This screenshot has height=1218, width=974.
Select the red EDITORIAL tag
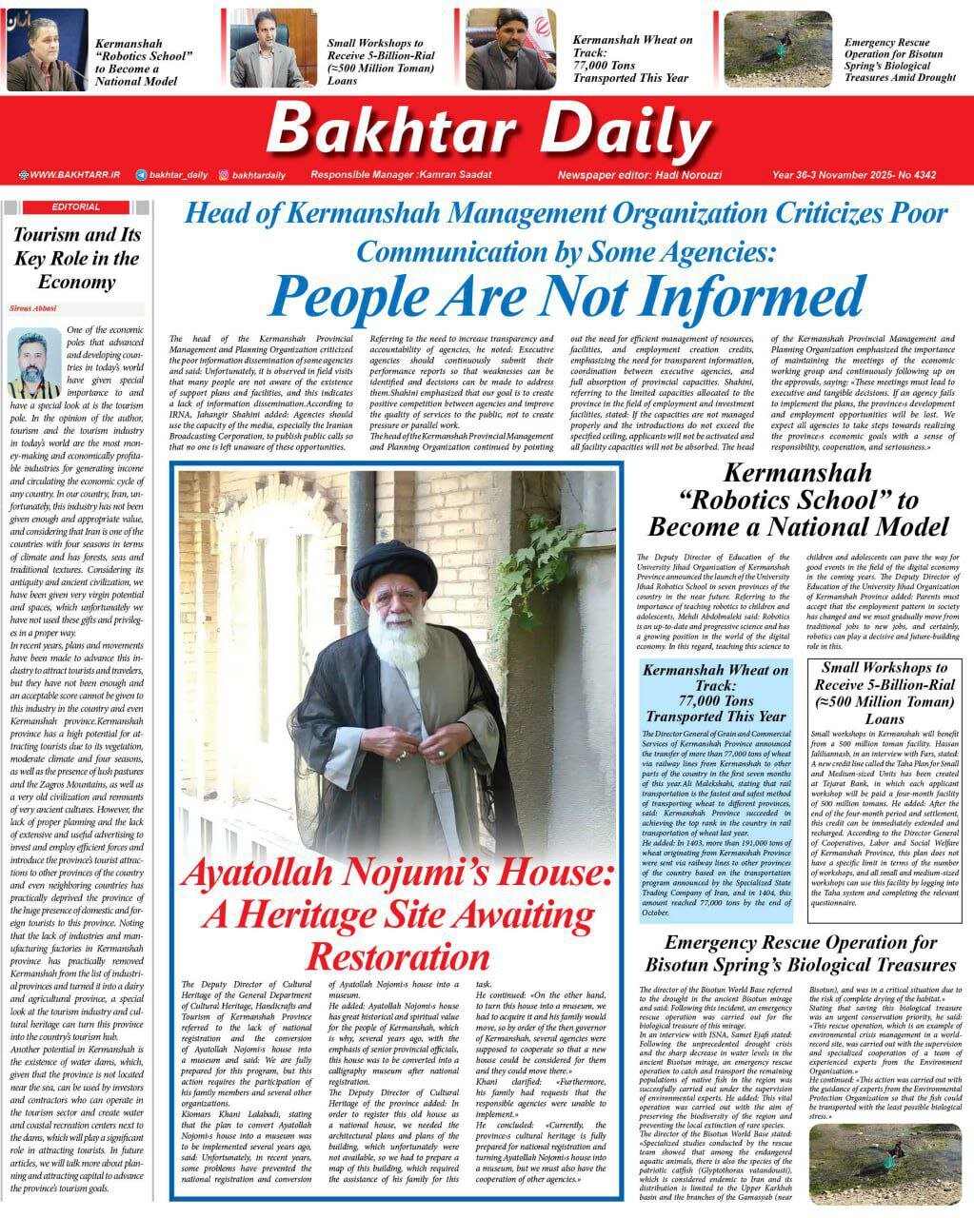(75, 206)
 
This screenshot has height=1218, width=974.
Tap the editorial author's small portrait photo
(33, 363)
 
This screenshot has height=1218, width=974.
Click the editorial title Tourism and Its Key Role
(76, 258)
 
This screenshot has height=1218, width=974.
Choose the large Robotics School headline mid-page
(798, 500)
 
